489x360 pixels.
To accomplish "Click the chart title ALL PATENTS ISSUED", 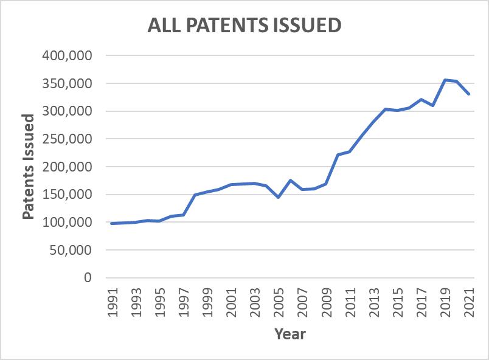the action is click(244, 25).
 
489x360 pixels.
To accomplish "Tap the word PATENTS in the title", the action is click(227, 25).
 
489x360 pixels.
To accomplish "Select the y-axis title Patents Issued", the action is click(28, 167).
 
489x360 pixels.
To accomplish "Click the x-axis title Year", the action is click(290, 334).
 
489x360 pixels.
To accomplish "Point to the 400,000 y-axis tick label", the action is click(68, 55).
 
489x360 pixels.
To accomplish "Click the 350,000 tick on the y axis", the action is click(68, 83).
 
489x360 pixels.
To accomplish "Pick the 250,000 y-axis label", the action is click(68, 139).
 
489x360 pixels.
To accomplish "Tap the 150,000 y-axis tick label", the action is click(68, 194).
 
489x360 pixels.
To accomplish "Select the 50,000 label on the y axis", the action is click(71, 250).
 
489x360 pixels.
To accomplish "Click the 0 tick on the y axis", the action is click(88, 277).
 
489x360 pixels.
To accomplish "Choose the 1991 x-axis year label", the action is click(113, 302).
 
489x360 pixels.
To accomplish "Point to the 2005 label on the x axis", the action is click(279, 302).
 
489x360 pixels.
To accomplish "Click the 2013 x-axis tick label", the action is click(374, 302).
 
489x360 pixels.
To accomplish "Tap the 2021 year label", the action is click(469, 302).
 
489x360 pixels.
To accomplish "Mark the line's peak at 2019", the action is click(445, 80).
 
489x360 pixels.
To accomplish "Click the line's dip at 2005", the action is click(279, 197).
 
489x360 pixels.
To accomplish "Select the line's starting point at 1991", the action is click(112, 224).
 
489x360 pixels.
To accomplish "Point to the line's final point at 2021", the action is click(468, 94).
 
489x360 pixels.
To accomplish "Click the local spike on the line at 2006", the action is click(290, 180).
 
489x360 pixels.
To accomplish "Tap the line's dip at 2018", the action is click(433, 105).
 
